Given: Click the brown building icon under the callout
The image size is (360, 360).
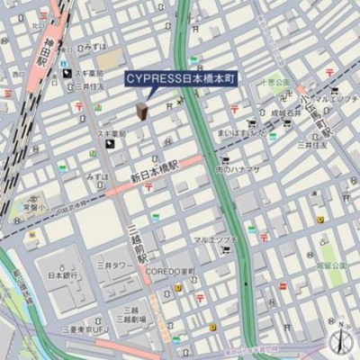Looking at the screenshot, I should (x=142, y=111).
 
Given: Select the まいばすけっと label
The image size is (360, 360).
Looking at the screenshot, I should (x=240, y=133).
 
